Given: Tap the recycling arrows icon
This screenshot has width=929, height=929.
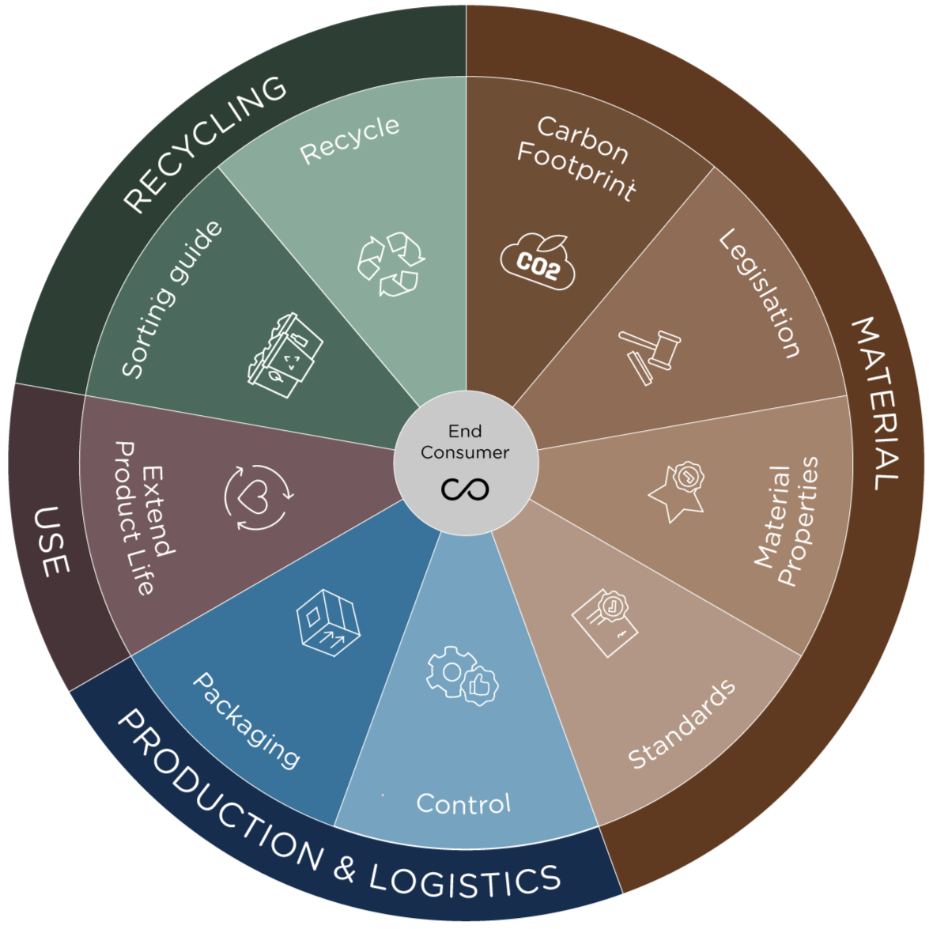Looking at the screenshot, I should click(x=391, y=264).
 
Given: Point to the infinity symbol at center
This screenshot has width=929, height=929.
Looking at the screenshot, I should click(x=465, y=489).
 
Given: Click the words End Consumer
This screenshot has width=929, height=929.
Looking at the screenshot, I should click(x=465, y=442).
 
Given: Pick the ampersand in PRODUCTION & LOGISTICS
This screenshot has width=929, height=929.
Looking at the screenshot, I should click(x=345, y=868).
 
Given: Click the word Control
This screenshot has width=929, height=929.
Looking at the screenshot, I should click(x=463, y=804).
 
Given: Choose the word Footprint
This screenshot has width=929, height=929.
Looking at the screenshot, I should click(x=576, y=171).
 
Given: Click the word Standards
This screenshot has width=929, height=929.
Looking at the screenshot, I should click(x=682, y=723).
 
